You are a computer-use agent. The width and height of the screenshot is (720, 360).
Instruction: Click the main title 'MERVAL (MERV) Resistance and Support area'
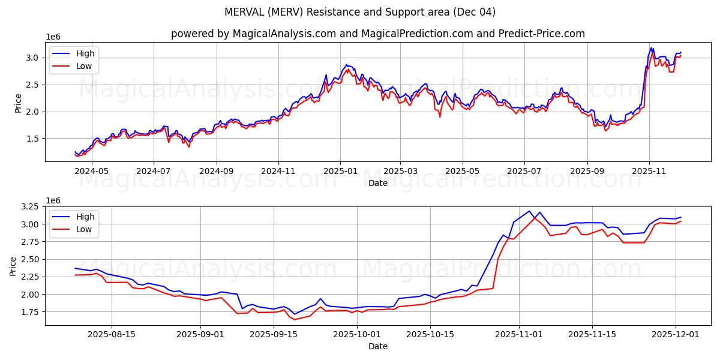(360, 12)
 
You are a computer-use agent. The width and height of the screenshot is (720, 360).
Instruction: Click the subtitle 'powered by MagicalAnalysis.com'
(253, 34)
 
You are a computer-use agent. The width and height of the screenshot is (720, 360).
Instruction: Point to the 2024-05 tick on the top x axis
(92, 171)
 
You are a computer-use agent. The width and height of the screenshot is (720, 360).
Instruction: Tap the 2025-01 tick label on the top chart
(340, 171)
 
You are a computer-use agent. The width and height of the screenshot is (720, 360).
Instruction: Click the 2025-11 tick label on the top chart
(650, 171)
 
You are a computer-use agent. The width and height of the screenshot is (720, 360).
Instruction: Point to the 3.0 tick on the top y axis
(32, 58)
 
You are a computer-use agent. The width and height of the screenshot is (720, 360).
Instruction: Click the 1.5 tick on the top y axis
(32, 139)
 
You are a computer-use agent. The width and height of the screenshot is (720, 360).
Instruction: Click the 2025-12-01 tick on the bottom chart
(676, 334)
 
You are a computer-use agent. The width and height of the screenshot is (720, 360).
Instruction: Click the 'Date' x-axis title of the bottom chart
(378, 346)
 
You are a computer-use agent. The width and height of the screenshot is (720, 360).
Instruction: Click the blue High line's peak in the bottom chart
(529, 211)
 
